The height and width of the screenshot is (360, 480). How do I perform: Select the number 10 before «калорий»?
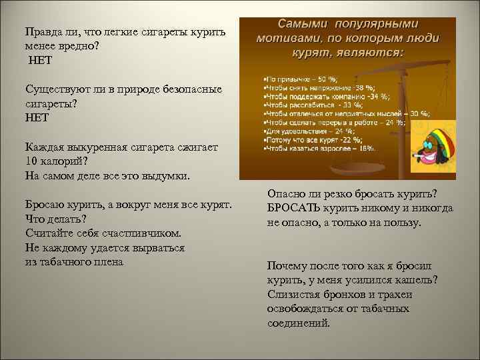coord(32,161)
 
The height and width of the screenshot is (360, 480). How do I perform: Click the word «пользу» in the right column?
coord(402,222)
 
